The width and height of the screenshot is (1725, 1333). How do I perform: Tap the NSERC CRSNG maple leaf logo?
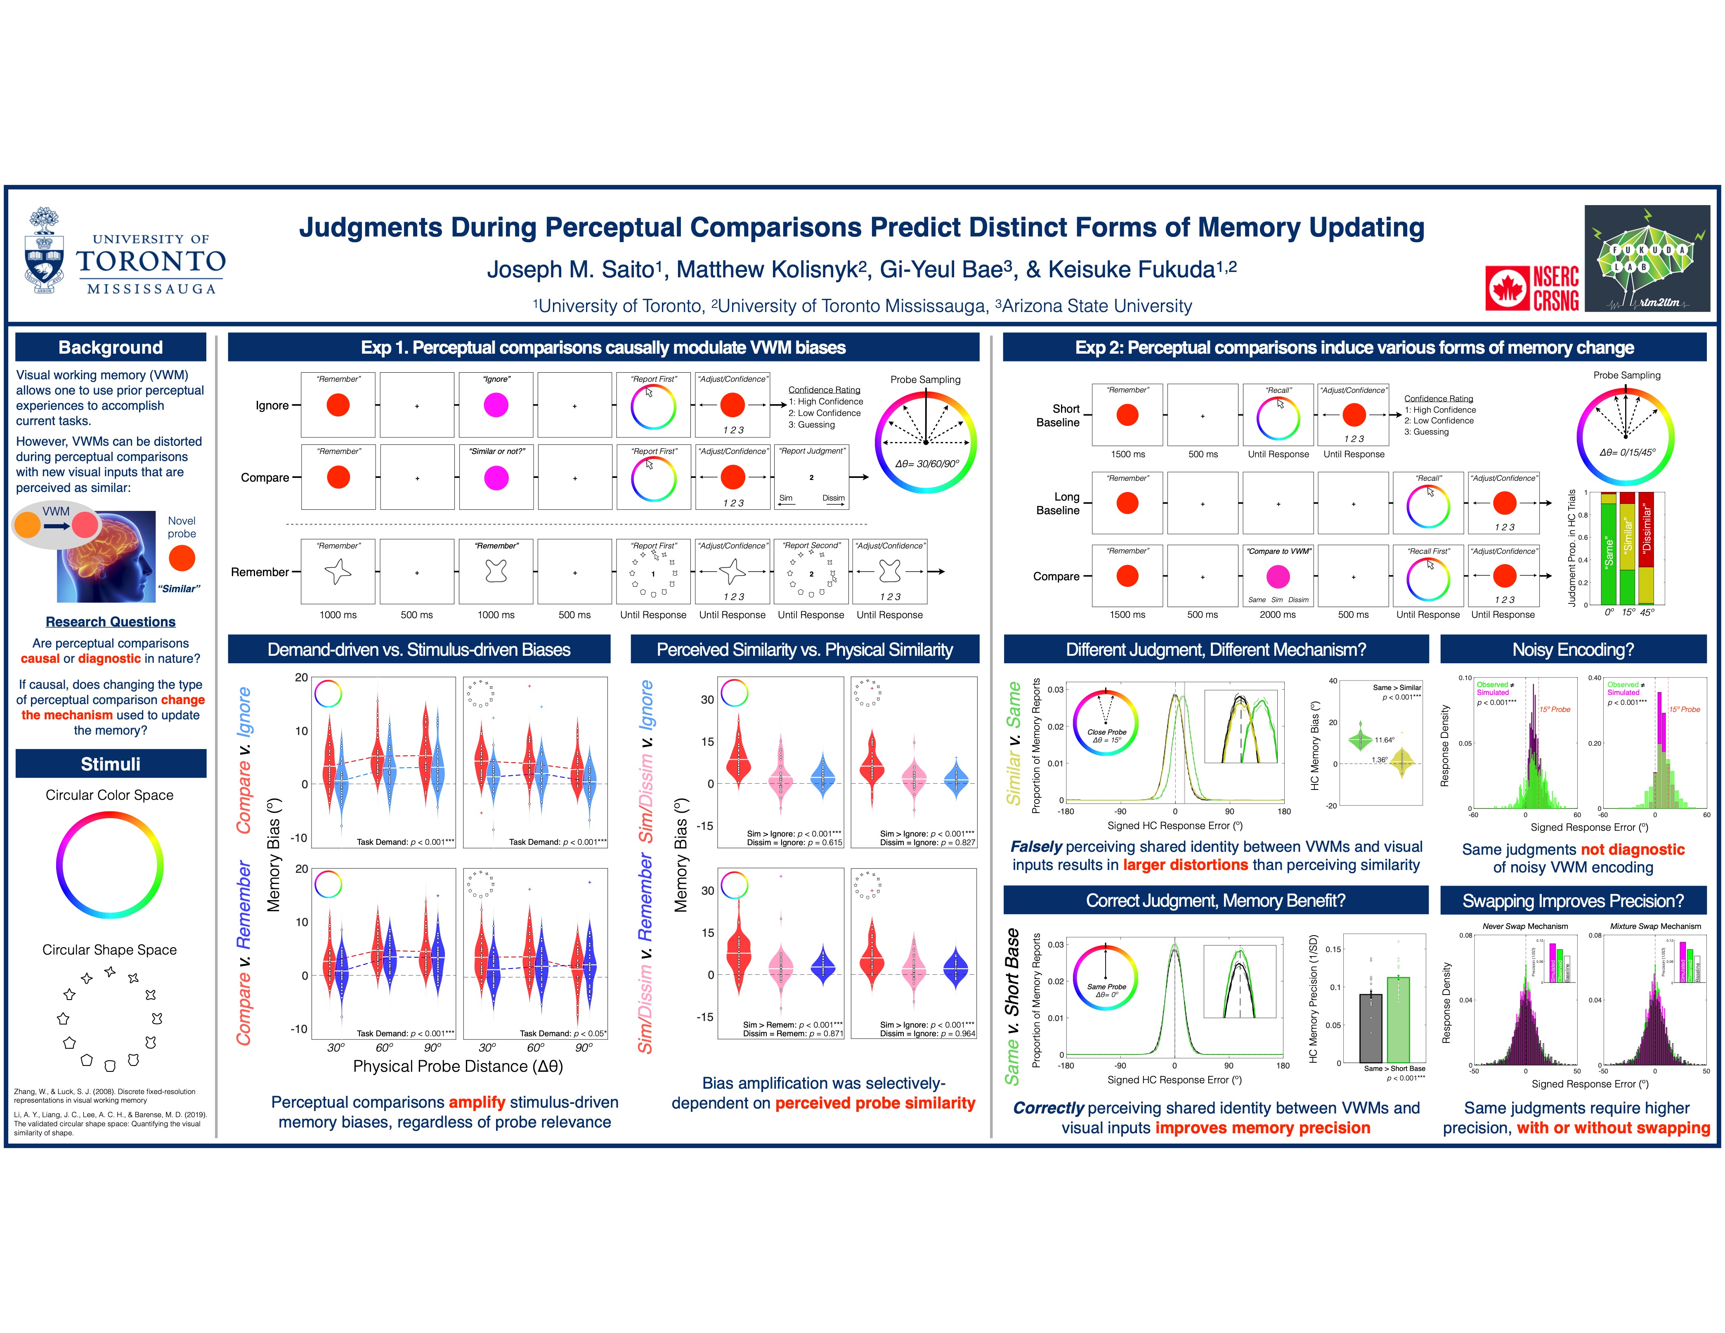pos(1506,288)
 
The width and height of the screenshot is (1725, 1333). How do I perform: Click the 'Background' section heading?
pos(111,347)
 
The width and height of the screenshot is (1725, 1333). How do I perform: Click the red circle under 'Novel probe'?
pos(182,558)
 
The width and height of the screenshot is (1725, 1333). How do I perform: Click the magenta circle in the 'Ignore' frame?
pos(496,405)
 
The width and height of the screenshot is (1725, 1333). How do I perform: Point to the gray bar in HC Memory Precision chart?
pos(1371,1027)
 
